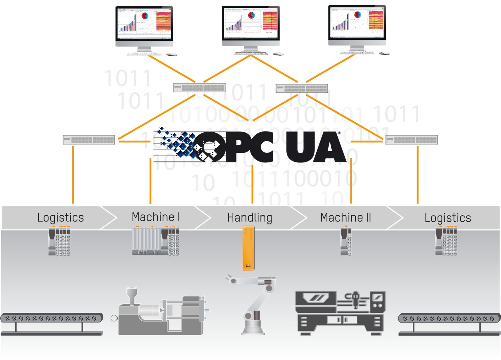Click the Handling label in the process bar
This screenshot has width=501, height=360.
coord(250,218)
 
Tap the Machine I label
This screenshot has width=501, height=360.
coord(156,217)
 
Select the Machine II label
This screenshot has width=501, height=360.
coord(345,217)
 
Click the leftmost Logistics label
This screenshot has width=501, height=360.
coord(60,218)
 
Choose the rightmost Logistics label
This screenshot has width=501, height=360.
coord(448,218)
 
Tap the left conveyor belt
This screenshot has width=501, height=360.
coord(52,318)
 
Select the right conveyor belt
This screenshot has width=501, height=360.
coord(449,319)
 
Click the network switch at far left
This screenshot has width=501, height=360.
coord(89,140)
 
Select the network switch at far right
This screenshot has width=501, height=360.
coord(411,140)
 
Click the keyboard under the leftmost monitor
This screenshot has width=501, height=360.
coord(144,54)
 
